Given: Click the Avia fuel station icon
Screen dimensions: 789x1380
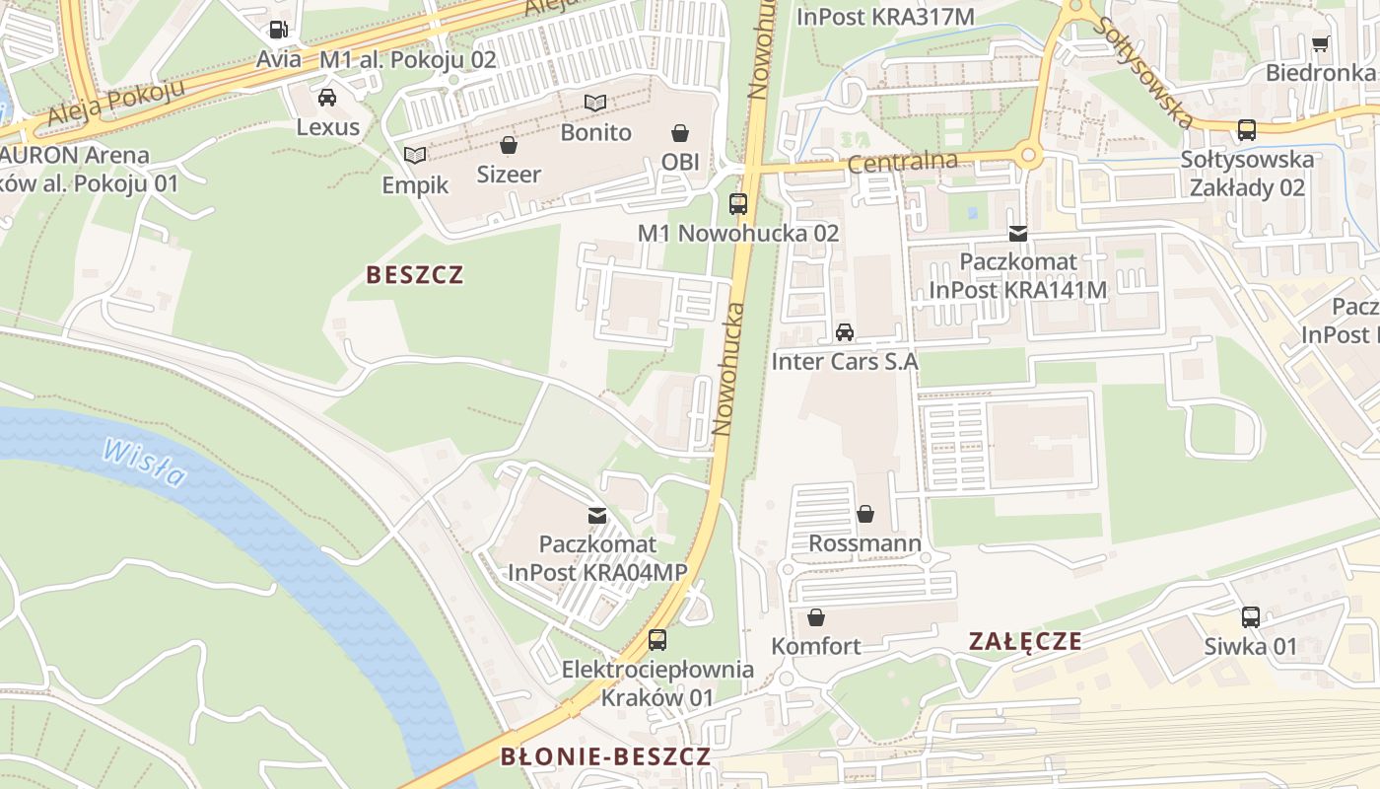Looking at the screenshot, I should (279, 30).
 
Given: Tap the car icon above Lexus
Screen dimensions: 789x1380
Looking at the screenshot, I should (327, 97).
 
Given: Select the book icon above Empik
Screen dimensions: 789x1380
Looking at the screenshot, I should (416, 155).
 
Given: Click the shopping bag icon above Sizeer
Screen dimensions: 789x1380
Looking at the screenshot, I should (509, 145).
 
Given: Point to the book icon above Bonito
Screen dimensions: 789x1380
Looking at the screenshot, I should (595, 103).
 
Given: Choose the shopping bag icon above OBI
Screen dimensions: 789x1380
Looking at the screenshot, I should (680, 132).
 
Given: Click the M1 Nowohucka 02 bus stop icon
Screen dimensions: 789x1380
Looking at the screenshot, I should (738, 204).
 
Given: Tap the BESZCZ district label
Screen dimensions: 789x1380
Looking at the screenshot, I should (414, 275).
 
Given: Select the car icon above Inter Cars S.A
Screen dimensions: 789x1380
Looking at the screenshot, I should (845, 332).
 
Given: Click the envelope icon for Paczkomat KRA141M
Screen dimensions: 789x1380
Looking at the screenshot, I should (1018, 234).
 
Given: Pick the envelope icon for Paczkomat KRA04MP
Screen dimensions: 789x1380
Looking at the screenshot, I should (597, 515).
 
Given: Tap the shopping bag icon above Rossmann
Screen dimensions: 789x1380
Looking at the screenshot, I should (865, 514).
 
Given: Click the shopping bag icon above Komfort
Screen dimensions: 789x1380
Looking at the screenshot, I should (816, 617).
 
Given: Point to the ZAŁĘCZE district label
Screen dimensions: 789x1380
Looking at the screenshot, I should (1025, 642).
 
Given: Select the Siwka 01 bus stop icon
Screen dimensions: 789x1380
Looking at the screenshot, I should (1251, 617).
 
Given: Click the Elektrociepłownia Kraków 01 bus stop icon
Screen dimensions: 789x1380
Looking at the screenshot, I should (657, 640).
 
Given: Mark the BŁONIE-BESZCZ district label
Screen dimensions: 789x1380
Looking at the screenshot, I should (605, 757).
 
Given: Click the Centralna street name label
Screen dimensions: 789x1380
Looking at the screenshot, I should (902, 162).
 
